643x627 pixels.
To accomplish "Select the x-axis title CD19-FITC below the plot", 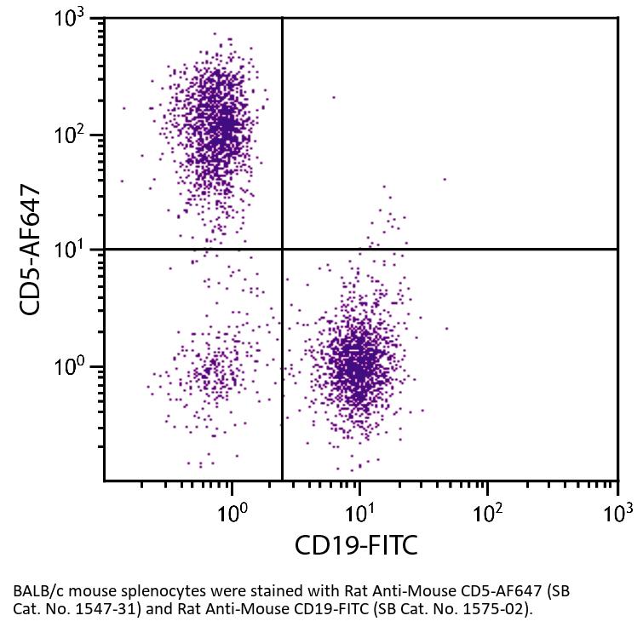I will pyautogui.click(x=356, y=545).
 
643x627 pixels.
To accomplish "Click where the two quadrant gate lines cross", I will pyautogui.click(x=282, y=249).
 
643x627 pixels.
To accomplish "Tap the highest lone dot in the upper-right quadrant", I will pyautogui.click(x=334, y=97).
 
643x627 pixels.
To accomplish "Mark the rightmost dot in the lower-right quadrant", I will pyautogui.click(x=445, y=328).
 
